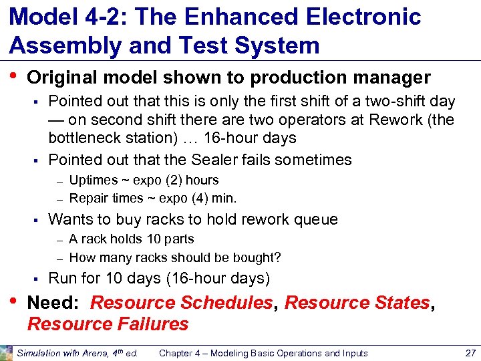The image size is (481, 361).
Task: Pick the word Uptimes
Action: click(92, 180)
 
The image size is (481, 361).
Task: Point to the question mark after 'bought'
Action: click(277, 257)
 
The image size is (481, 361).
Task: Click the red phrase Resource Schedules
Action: click(181, 303)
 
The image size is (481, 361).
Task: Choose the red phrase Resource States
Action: click(357, 303)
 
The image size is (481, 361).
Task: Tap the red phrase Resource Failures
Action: click(108, 324)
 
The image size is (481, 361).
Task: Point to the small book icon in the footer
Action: click(7, 352)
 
